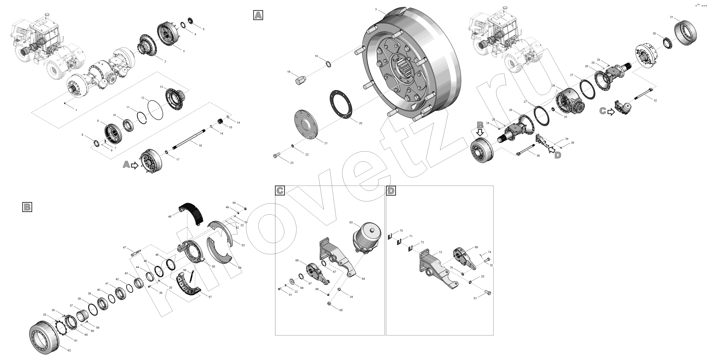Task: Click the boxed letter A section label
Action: click(x=258, y=15)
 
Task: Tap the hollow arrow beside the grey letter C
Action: click(x=611, y=112)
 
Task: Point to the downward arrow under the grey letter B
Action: click(x=480, y=133)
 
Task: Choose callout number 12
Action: click(x=143, y=98)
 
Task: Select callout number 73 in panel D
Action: click(x=440, y=252)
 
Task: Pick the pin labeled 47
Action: click(x=136, y=252)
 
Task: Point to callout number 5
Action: click(x=203, y=29)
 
